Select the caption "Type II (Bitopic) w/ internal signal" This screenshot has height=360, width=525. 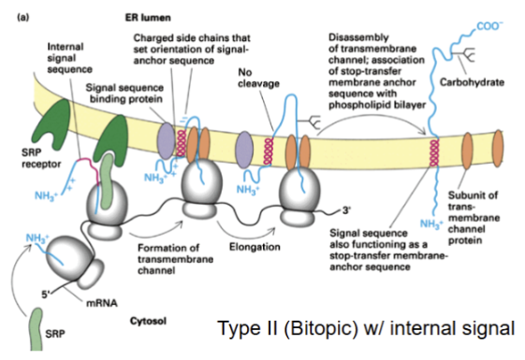365,328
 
